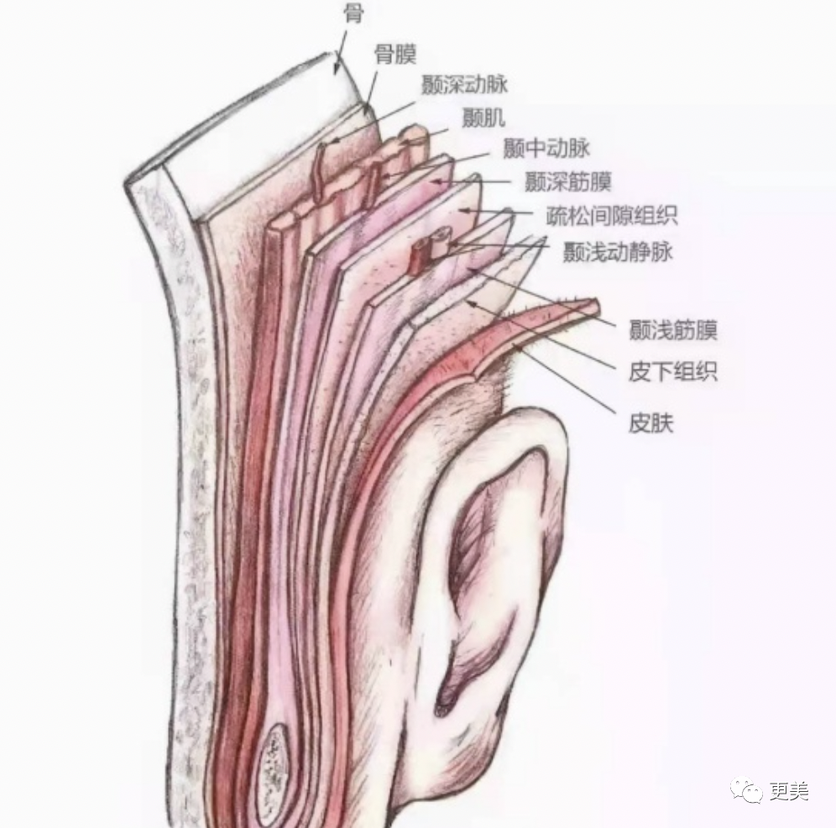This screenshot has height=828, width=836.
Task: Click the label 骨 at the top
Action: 353,13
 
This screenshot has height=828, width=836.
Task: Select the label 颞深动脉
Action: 464,85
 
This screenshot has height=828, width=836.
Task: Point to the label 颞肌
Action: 483,118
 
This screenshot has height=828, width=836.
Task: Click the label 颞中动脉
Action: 546,149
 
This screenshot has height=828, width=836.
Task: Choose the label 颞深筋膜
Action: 567,181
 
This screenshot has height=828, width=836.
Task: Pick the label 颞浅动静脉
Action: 617,251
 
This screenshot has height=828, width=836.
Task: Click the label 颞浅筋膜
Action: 672,331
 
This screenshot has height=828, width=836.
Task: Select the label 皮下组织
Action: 672,372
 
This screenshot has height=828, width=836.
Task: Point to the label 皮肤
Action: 651,422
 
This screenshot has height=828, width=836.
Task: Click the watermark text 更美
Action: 789,791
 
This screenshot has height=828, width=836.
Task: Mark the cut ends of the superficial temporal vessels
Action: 430,248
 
